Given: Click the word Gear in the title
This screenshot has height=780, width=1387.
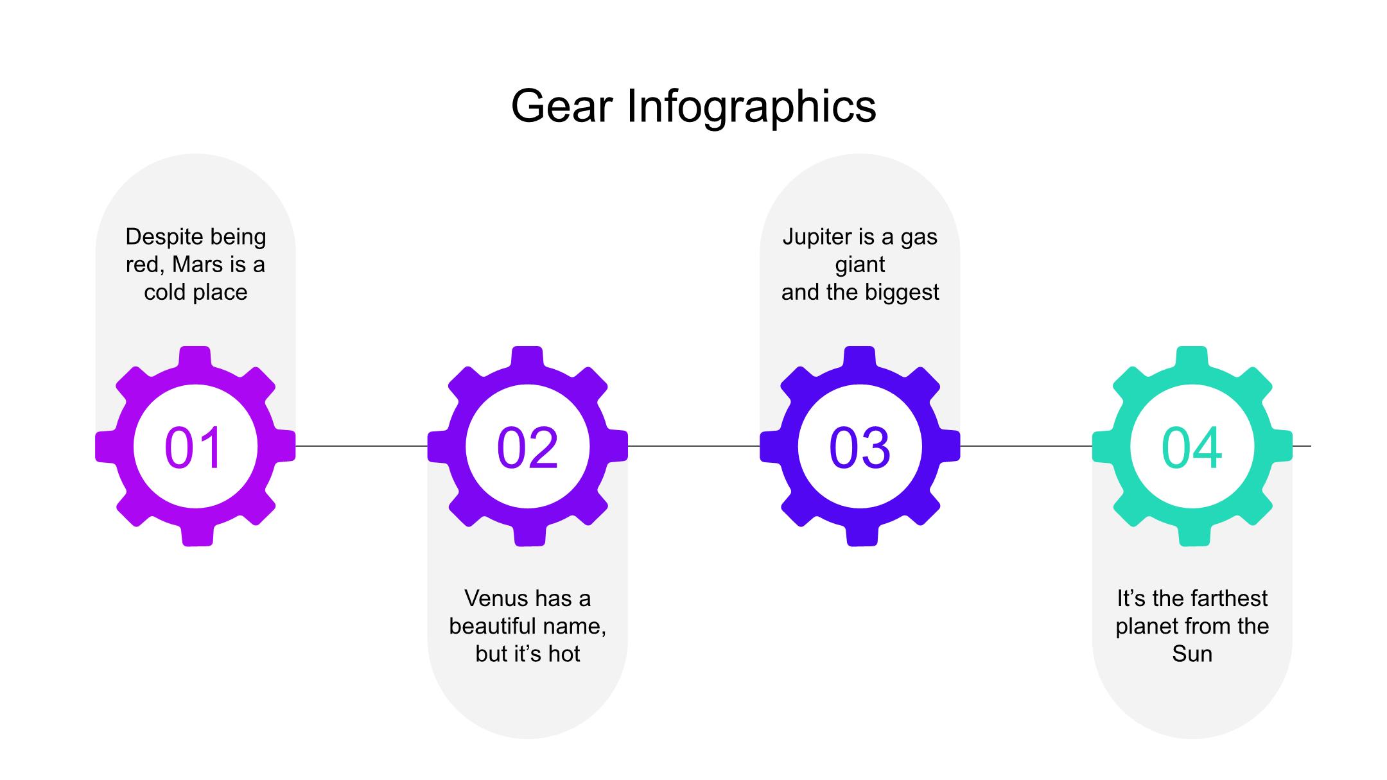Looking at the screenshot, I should pos(561,106).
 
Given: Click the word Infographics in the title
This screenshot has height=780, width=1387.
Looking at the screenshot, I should pos(751,106).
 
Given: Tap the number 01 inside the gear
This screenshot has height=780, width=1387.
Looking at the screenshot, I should pos(193,447).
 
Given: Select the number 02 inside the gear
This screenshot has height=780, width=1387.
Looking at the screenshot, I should pos(527,447).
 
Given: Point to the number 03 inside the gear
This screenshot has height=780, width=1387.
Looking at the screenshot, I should pos(860,447).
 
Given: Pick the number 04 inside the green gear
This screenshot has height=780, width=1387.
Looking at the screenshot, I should pos(1192,447).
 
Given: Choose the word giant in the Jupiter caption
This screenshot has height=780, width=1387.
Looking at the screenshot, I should pos(860,264).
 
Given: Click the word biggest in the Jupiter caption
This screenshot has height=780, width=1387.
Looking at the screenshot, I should pos(902,292).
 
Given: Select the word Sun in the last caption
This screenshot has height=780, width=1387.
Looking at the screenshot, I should pos(1192,654).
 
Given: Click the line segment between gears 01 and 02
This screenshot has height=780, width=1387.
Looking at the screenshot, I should pos(362,446).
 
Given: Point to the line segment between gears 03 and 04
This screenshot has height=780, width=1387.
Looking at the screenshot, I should pos(1026,446).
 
